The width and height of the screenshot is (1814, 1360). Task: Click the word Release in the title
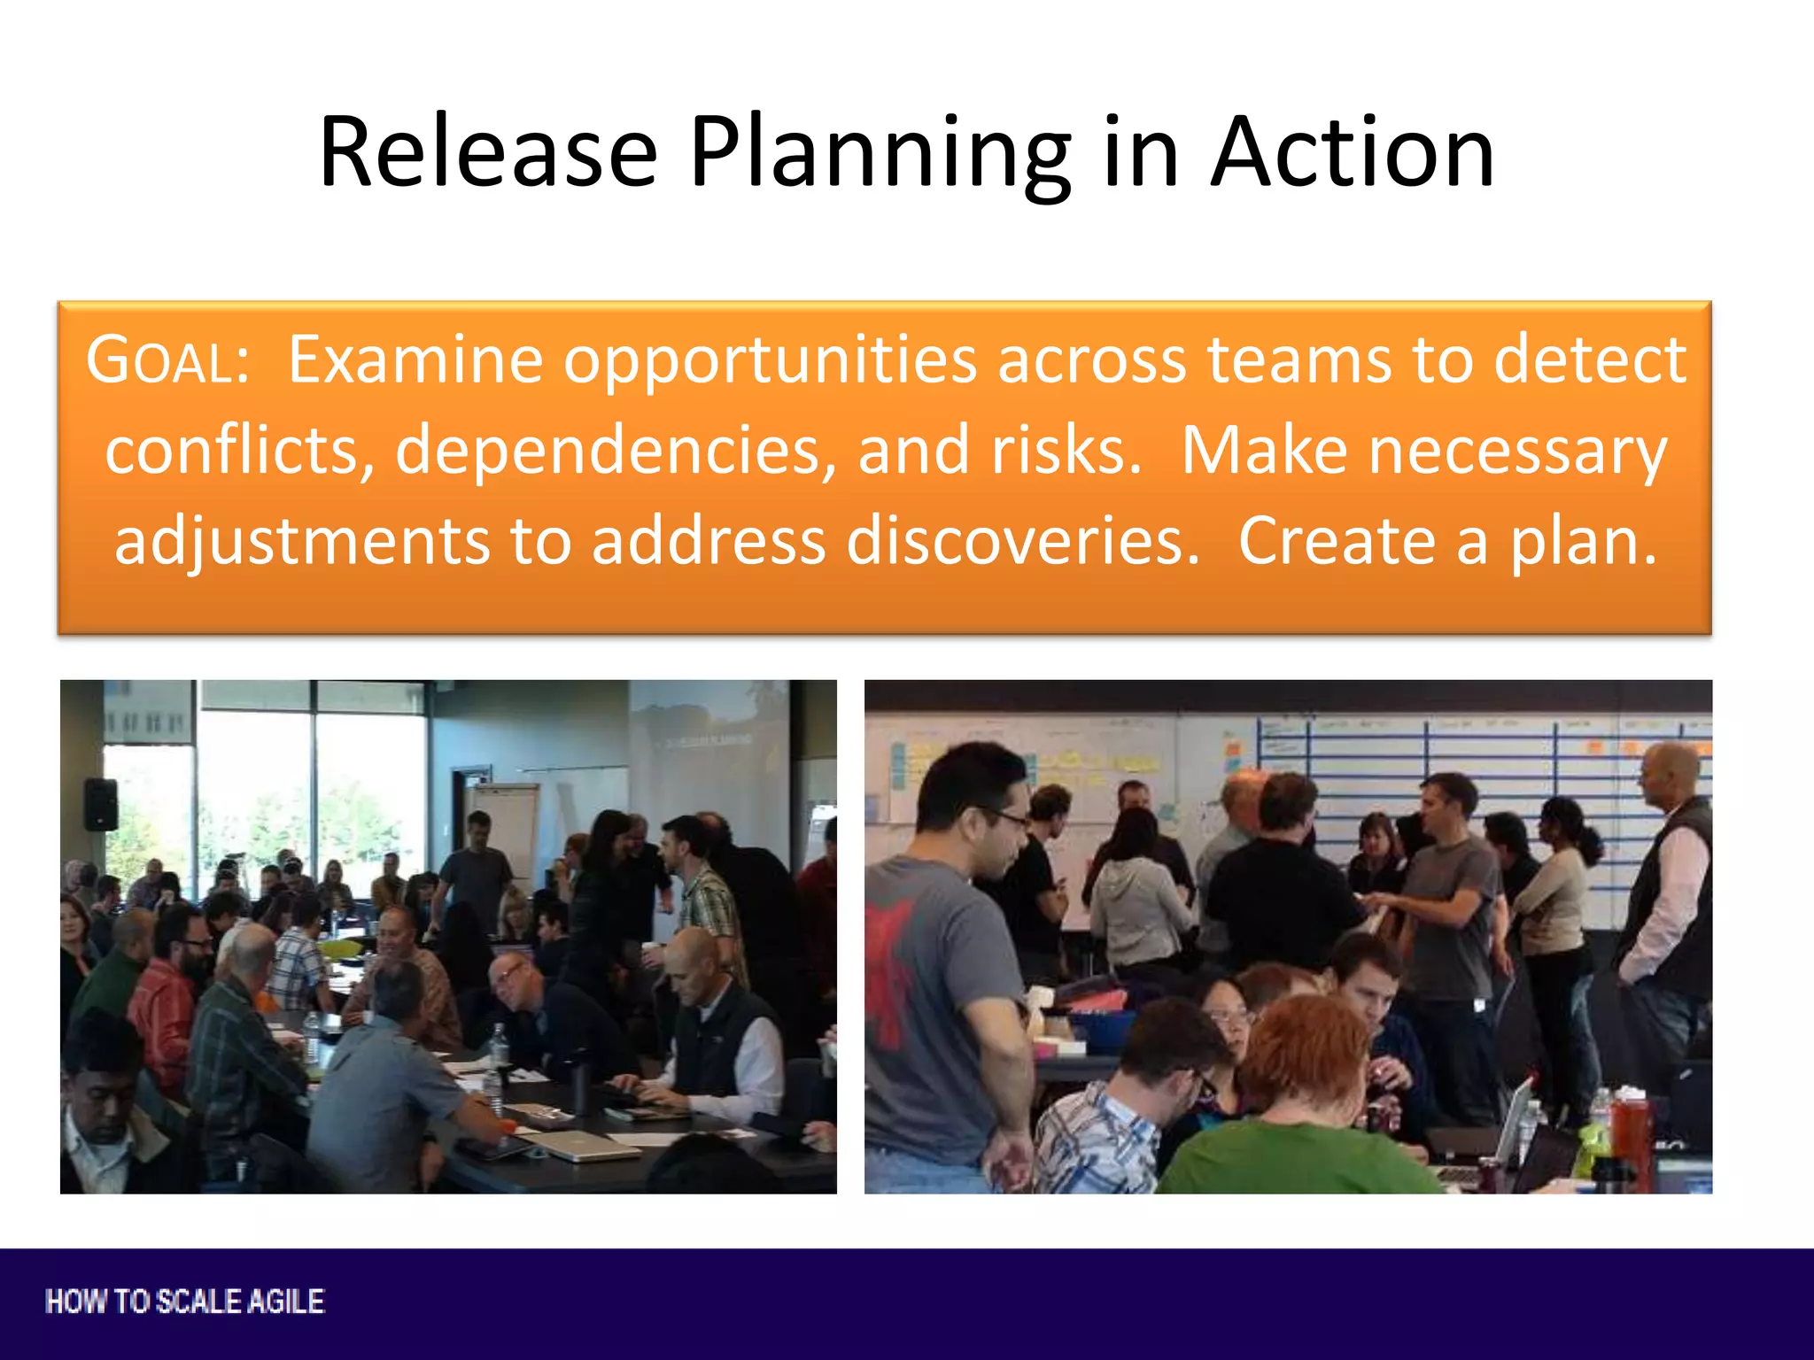(x=488, y=152)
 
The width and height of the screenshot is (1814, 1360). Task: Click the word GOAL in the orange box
(x=168, y=360)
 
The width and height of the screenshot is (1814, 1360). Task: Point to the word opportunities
(x=770, y=360)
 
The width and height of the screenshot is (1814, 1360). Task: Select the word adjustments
(x=301, y=541)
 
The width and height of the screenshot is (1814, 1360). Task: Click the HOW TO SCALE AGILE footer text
(x=185, y=1302)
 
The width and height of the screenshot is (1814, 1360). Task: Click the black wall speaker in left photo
(x=101, y=804)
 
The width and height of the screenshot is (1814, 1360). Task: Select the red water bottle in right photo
(x=1630, y=1133)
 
